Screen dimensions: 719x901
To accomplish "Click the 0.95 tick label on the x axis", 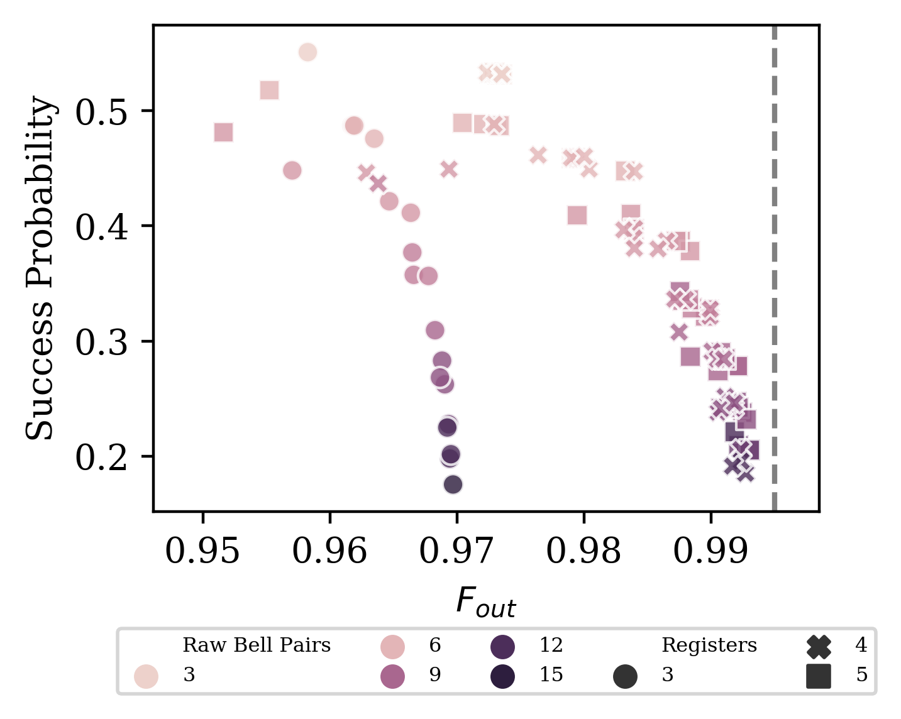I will point(202,551).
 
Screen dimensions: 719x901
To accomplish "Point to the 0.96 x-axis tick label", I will point(329,551).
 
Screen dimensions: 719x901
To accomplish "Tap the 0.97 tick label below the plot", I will point(456,551).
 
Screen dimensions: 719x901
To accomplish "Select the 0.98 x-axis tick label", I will point(583,551).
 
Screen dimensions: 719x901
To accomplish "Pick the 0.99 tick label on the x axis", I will point(710,551).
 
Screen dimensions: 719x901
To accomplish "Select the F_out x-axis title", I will point(485,602).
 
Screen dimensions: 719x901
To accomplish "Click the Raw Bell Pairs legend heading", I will point(257,645).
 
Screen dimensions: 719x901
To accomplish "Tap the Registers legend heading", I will point(709,645).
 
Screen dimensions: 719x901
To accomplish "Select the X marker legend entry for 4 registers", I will point(819,646).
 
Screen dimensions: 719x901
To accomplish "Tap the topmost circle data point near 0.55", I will point(307,52).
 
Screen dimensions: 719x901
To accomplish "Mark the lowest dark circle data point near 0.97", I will point(453,485).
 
